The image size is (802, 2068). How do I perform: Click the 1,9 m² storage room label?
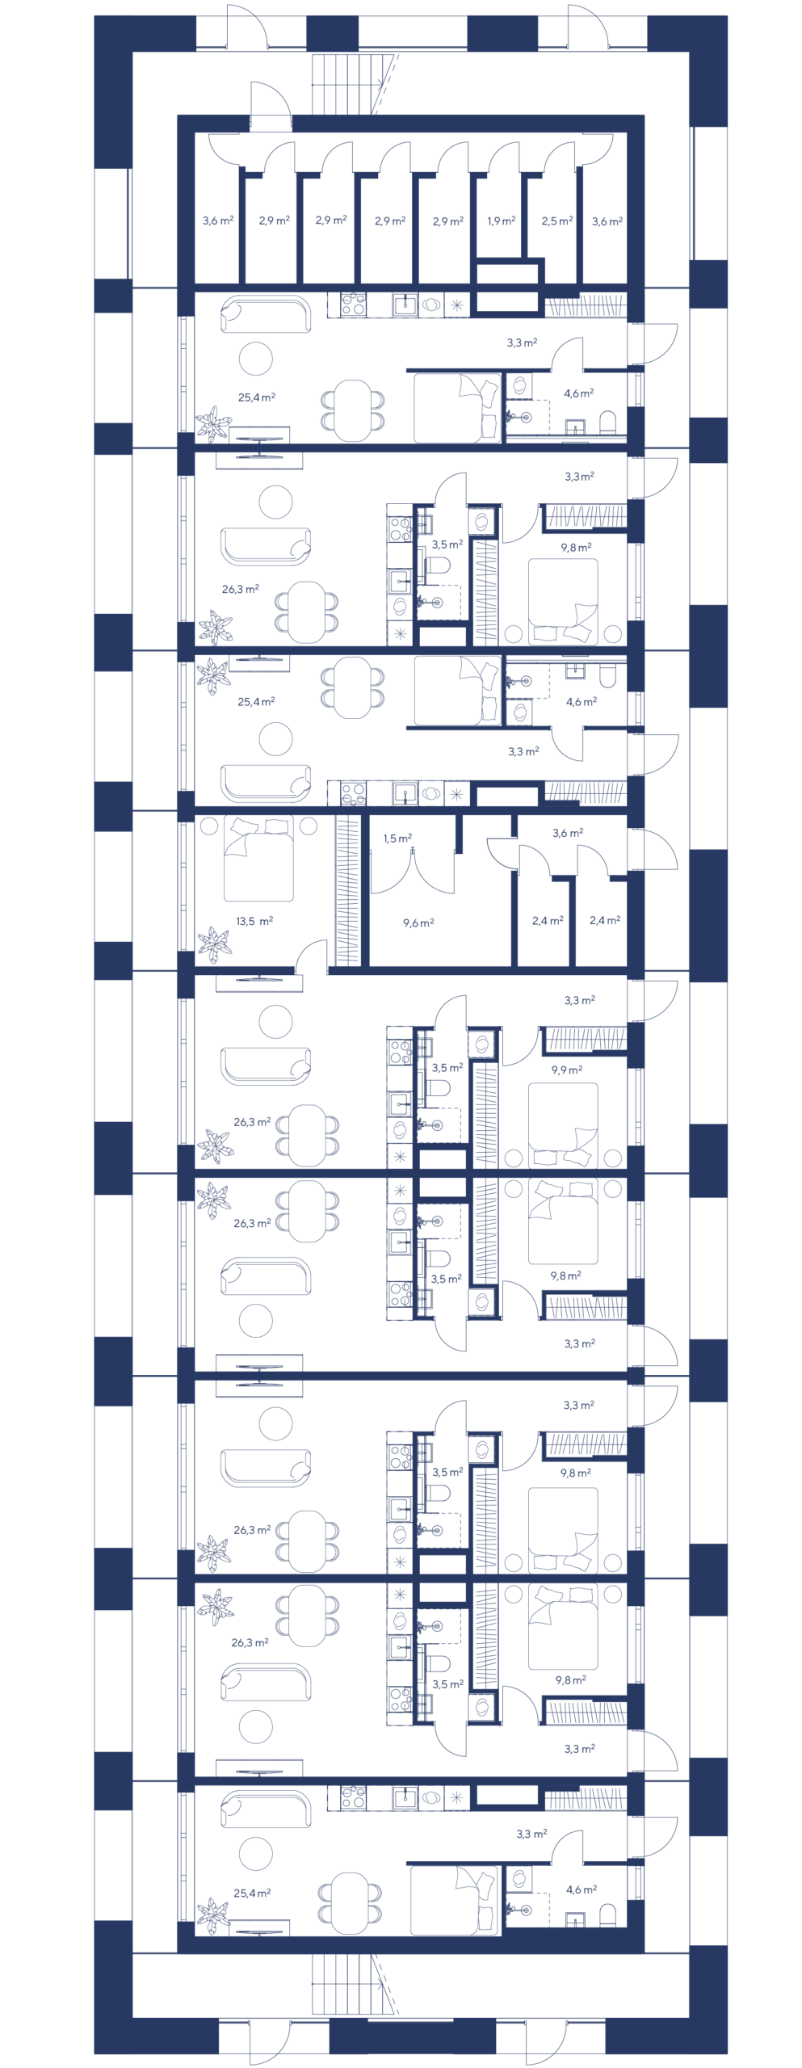pyautogui.click(x=502, y=221)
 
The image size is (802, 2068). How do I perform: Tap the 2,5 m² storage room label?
pyautogui.click(x=557, y=221)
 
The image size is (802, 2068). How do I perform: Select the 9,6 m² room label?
pyautogui.click(x=418, y=923)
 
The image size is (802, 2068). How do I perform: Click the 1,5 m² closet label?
pyautogui.click(x=397, y=839)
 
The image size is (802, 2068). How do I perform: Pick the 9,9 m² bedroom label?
pyautogui.click(x=567, y=1070)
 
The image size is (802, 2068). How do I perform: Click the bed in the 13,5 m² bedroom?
pyautogui.click(x=258, y=859)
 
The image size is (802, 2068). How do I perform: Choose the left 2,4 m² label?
pyautogui.click(x=547, y=921)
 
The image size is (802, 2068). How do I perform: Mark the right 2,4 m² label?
pyautogui.click(x=605, y=921)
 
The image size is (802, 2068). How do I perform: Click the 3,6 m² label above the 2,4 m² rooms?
pyautogui.click(x=568, y=834)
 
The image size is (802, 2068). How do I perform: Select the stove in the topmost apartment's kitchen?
pyautogui.click(x=353, y=305)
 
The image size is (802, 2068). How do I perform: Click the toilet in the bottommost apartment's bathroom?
pyautogui.click(x=608, y=1915)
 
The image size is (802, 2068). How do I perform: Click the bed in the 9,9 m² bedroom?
pyautogui.click(x=563, y=1123)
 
